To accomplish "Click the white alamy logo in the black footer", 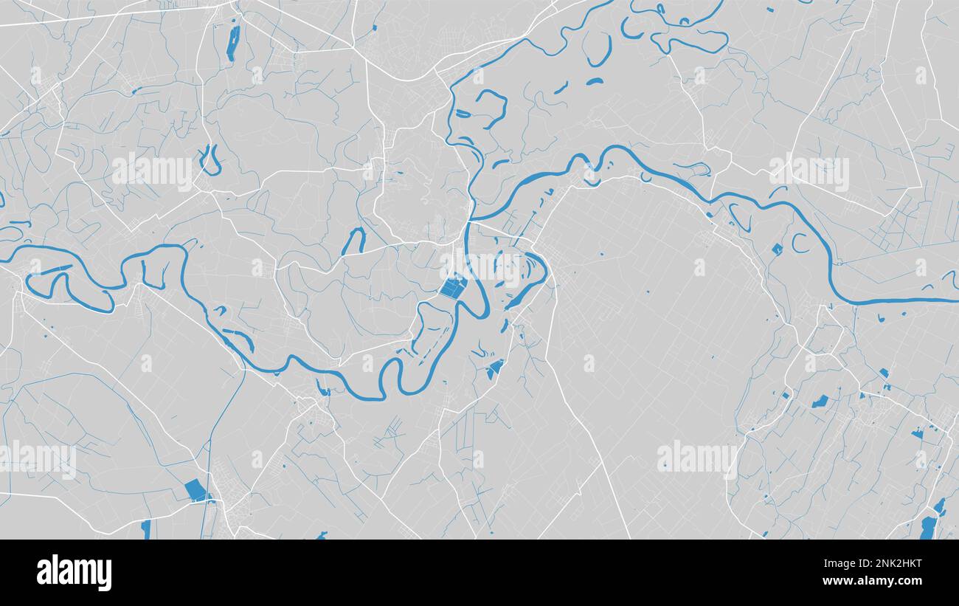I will pos(75,573).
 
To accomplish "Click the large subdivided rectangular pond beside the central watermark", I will pos(452,287).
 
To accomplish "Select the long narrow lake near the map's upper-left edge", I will pos(233,43).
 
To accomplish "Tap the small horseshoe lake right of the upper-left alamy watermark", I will pos(210,162).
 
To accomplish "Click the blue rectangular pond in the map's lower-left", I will pos(194,489).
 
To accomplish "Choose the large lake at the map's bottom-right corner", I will pos(927,526).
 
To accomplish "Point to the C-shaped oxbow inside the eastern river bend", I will pos(797,243).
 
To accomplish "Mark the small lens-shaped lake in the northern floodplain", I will pos(595,81).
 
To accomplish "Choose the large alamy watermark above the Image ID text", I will pos(697,458).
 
